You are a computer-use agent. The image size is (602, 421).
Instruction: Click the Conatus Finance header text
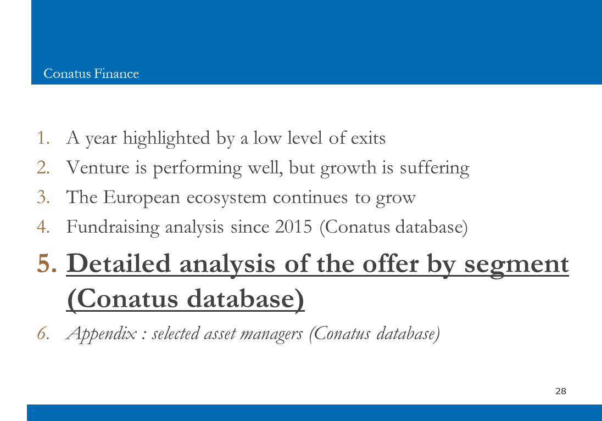tap(91, 74)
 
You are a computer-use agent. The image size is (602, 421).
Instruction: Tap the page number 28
tap(561, 391)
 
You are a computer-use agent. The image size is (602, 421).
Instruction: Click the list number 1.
tap(43, 138)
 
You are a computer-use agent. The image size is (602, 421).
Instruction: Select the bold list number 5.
tap(47, 263)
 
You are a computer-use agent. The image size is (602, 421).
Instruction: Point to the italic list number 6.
tap(43, 333)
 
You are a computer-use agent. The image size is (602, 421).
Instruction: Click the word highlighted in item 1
tap(166, 138)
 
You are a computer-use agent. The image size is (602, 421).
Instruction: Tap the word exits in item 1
tap(368, 138)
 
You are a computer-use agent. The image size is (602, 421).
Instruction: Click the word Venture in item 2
tap(98, 167)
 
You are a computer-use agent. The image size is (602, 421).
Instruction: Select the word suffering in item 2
tap(434, 169)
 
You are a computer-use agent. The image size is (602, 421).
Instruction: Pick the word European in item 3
tap(141, 198)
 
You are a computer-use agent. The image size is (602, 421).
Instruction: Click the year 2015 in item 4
tap(294, 227)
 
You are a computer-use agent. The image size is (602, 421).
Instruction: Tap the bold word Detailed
tap(118, 263)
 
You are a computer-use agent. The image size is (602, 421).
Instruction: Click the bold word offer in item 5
tap(391, 263)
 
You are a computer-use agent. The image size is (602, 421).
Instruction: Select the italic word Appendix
tap(101, 334)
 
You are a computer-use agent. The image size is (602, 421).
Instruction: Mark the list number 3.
tap(43, 197)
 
